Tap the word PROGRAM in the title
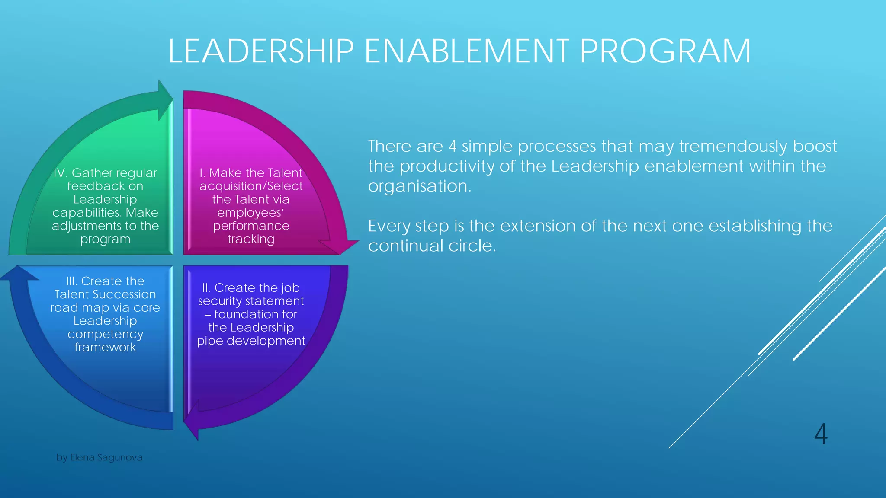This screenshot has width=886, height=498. click(x=665, y=51)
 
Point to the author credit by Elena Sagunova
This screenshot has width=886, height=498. click(x=100, y=457)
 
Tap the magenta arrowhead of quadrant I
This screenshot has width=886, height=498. click(x=341, y=246)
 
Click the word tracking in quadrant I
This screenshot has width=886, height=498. click(x=251, y=239)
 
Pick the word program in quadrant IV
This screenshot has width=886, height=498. click(x=105, y=239)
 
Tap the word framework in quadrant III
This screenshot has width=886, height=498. click(x=105, y=348)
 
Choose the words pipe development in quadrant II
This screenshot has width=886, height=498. click(x=251, y=341)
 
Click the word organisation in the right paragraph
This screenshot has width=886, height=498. click(x=418, y=186)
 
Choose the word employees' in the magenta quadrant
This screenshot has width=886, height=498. click(x=250, y=213)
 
